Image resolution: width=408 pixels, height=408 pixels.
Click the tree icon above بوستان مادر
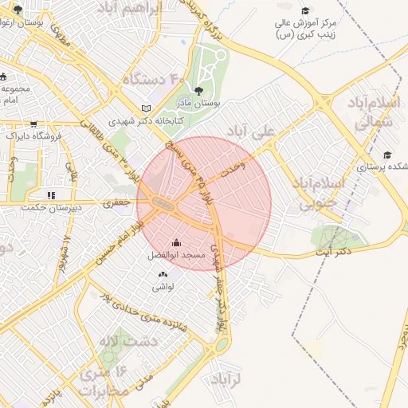coord(198,90)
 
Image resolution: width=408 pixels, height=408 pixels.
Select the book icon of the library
coord(145,108)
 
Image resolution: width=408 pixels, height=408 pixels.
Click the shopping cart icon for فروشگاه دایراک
coord(33,124)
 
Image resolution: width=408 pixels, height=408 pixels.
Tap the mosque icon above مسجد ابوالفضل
coord(176,243)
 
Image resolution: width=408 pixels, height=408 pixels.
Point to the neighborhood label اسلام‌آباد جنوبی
coord(340,194)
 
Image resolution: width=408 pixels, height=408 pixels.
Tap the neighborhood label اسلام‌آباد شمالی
coord(371,112)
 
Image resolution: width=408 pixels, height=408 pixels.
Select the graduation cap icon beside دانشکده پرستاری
coord(387,155)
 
